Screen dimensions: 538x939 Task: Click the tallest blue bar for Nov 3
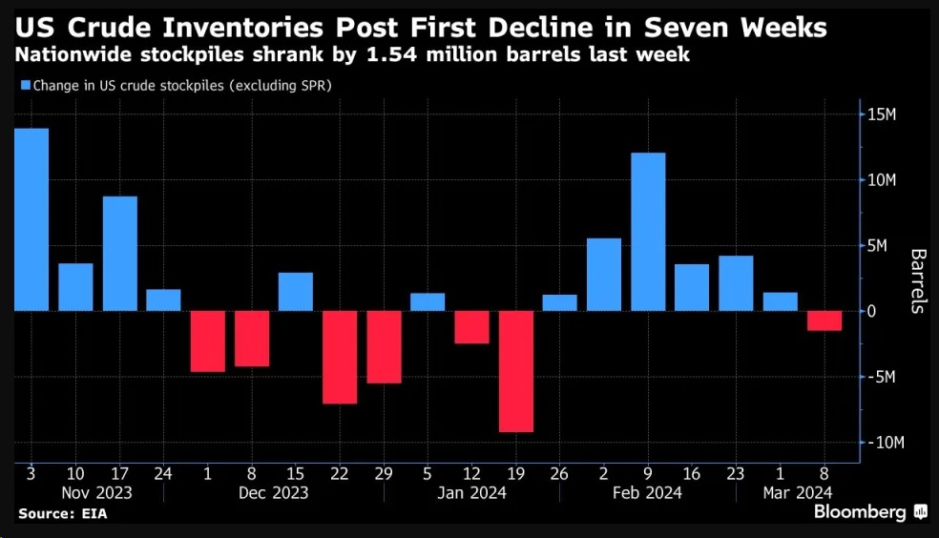(31, 219)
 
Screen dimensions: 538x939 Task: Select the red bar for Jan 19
(516, 371)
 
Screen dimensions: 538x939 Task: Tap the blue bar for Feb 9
(648, 232)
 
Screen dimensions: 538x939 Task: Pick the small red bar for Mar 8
(824, 321)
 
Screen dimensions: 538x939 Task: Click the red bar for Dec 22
(340, 357)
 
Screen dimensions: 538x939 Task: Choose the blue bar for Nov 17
(120, 254)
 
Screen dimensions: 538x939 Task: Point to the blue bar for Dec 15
(296, 292)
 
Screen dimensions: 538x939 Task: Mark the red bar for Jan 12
(471, 327)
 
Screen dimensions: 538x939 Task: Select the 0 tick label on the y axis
(872, 312)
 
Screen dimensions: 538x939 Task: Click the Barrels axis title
(918, 281)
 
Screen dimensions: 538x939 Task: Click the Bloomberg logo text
(860, 513)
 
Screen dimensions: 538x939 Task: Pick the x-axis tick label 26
(560, 474)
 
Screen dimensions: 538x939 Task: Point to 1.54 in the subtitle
(410, 54)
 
